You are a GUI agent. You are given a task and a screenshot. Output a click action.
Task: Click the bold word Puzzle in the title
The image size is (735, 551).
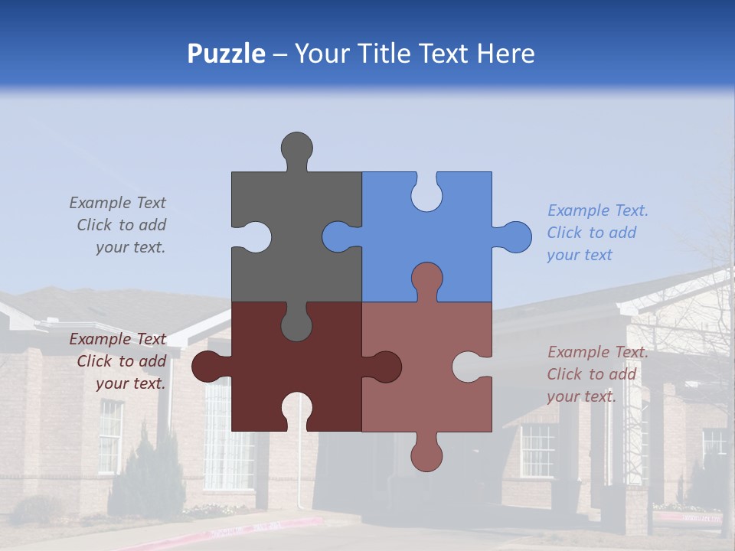pyautogui.click(x=226, y=54)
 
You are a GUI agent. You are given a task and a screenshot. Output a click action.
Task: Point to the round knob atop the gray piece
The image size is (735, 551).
pyautogui.click(x=296, y=147)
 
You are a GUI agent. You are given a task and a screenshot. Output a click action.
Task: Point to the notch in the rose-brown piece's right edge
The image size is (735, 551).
pyautogui.click(x=471, y=367)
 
